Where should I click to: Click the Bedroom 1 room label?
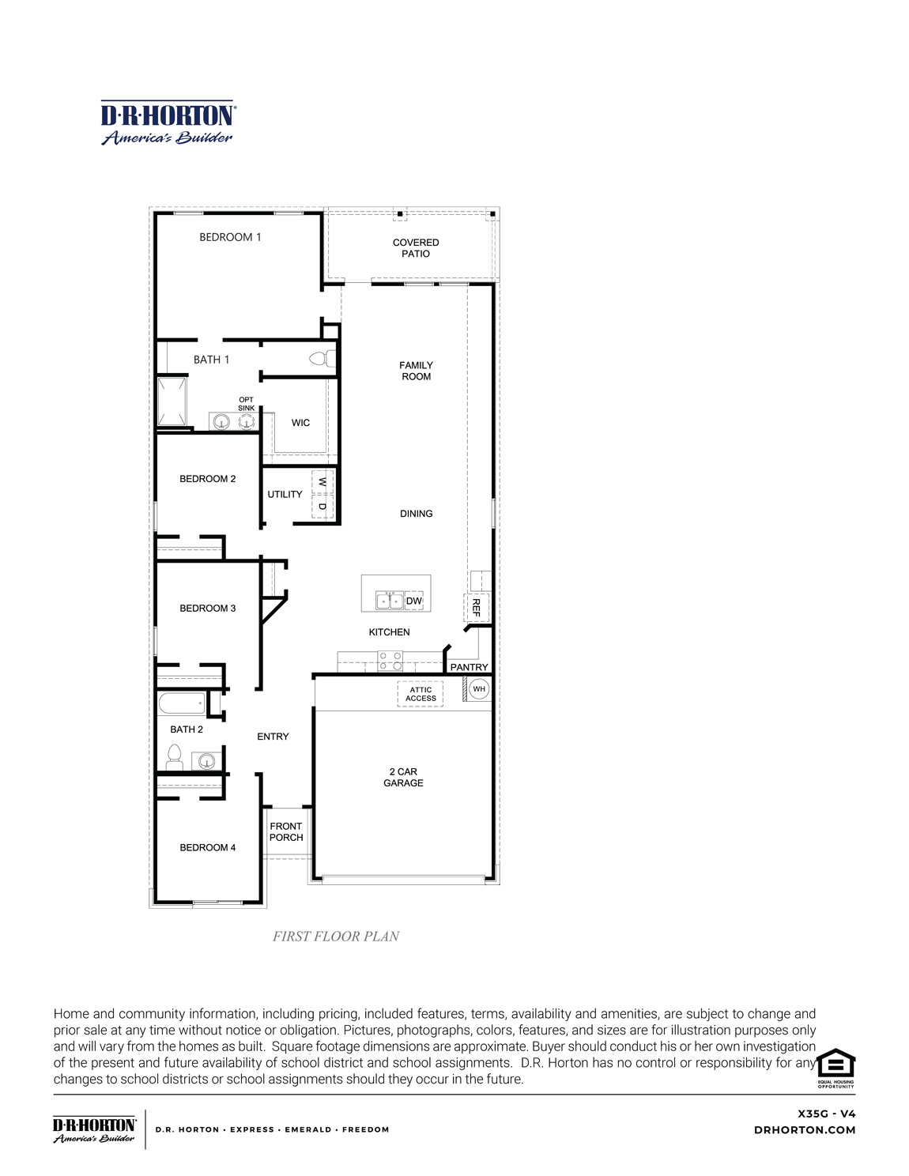tap(230, 237)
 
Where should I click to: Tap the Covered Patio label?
tap(416, 248)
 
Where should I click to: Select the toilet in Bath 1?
tap(321, 359)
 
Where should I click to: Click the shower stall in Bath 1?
tap(172, 401)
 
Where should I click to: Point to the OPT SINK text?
tap(247, 404)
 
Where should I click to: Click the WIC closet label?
tap(300, 423)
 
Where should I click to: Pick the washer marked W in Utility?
tap(322, 481)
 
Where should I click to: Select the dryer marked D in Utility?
tap(322, 507)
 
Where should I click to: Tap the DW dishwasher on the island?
tap(414, 601)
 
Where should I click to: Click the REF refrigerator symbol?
tap(476, 607)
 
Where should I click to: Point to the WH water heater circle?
tap(479, 689)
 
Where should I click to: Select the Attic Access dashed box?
tap(421, 694)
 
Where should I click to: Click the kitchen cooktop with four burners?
tap(390, 661)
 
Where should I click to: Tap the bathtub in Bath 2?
tap(183, 703)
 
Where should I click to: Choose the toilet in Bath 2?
tap(174, 759)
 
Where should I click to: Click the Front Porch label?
tap(286, 831)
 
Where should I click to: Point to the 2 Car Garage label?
tap(403, 777)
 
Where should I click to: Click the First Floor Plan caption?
tap(336, 937)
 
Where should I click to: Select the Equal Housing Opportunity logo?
tap(835, 1068)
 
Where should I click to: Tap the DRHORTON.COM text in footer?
tap(805, 1130)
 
